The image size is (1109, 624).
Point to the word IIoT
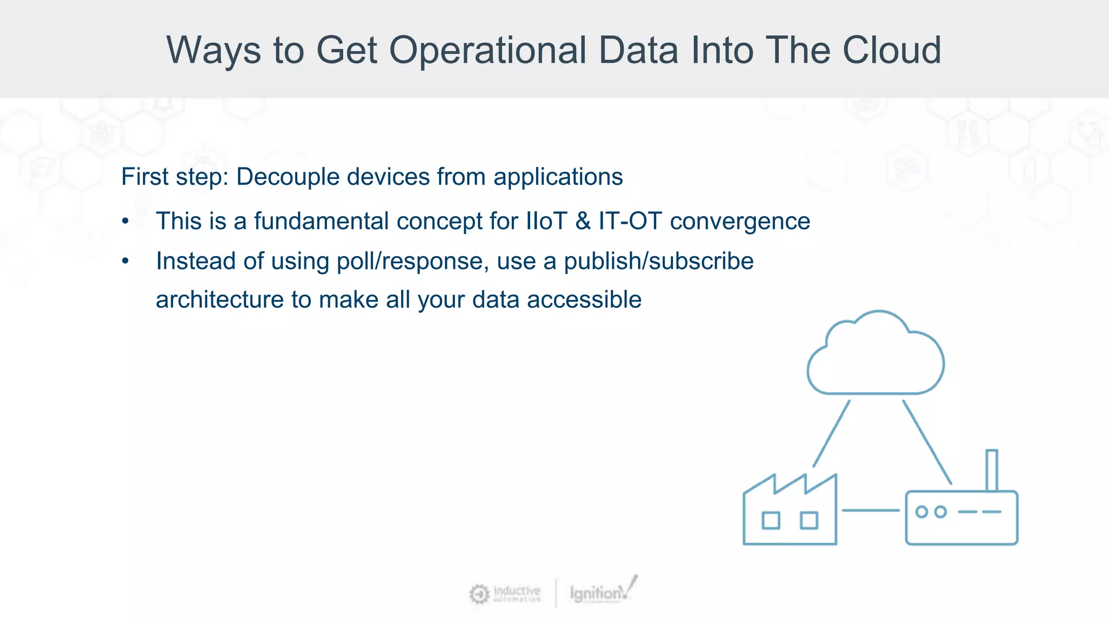546,221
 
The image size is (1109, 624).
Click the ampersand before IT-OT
583,221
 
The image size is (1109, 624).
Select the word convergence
740,222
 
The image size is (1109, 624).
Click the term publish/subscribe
658,261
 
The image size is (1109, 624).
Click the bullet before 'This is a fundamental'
126,222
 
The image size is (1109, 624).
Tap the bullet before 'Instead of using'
126,262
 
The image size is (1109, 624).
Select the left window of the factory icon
771,521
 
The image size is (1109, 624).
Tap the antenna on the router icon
991,469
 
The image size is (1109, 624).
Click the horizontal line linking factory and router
870,510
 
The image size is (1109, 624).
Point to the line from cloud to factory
831,433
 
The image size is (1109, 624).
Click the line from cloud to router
927,441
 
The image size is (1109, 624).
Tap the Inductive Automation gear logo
479,594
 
